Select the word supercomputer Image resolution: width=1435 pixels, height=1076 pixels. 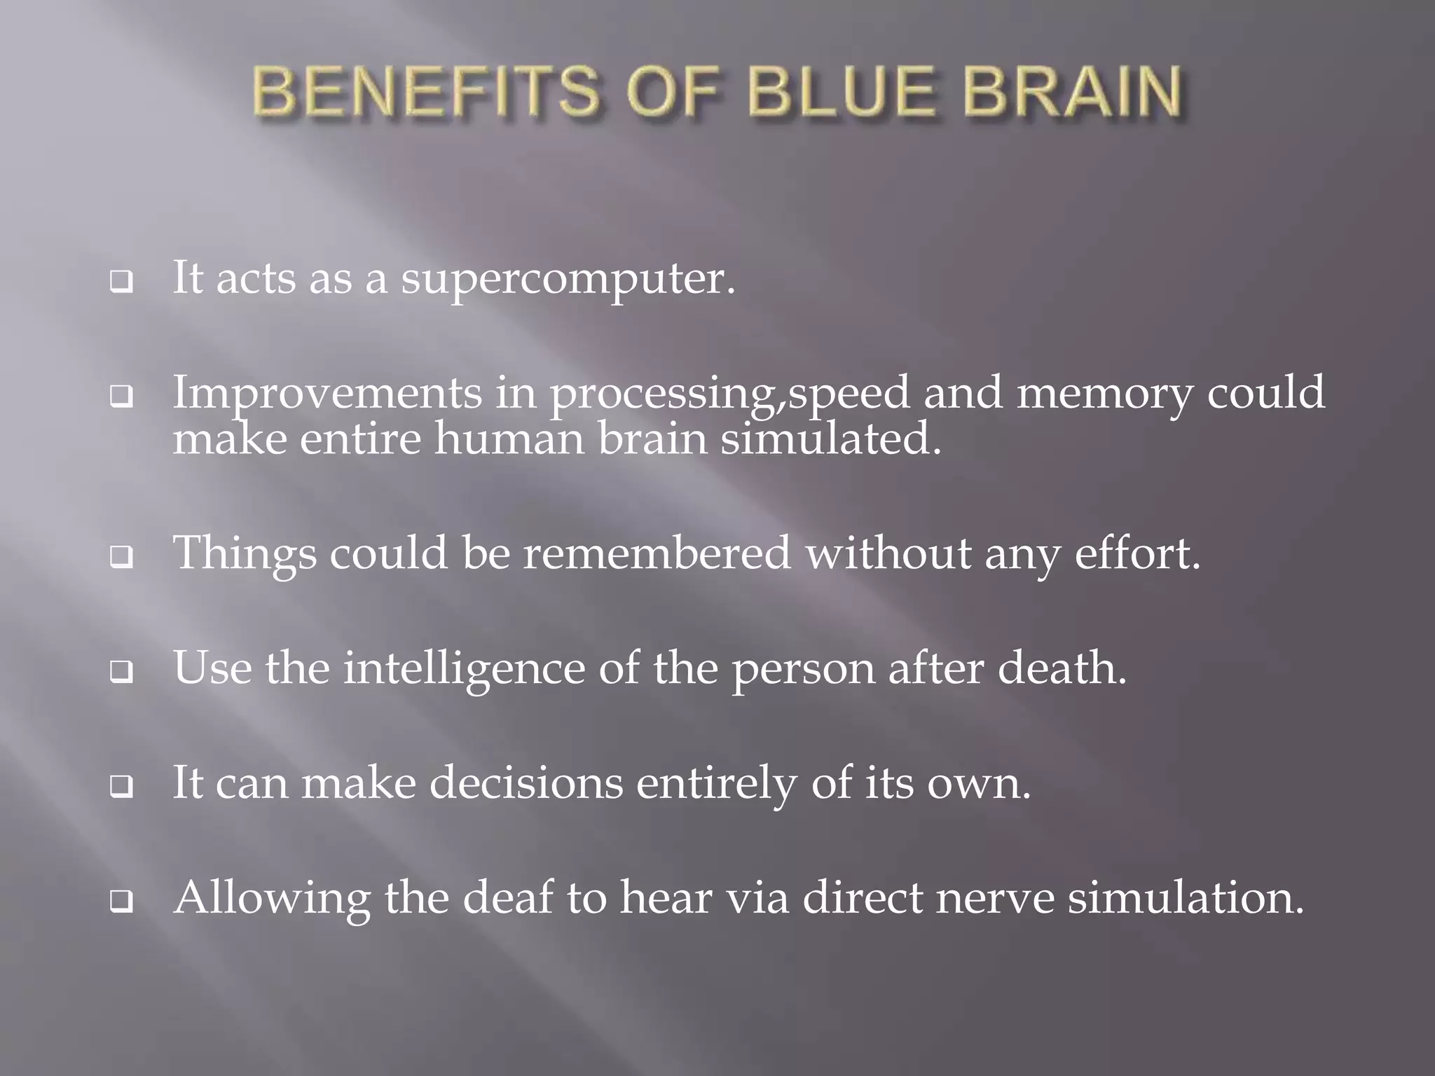pyautogui.click(x=568, y=280)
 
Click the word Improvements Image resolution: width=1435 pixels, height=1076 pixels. pyautogui.click(x=327, y=394)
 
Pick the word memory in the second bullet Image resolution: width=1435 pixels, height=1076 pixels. pyautogui.click(x=1104, y=394)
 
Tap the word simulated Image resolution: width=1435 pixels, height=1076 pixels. pyautogui.click(x=831, y=440)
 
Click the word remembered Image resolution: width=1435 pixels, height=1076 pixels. pyautogui.click(x=657, y=553)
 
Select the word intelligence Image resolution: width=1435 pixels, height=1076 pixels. pyautogui.click(x=463, y=668)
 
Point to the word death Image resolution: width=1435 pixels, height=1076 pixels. pyautogui.click(x=1062, y=668)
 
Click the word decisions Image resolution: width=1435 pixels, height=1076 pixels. pyautogui.click(x=526, y=782)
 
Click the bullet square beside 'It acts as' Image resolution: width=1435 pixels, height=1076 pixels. pyautogui.click(x=122, y=283)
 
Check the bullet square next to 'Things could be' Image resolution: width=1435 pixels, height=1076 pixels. pyautogui.click(x=122, y=558)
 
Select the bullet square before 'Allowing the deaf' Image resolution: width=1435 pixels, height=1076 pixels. pyautogui.click(x=122, y=902)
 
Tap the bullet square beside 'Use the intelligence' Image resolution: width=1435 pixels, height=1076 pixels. pyautogui.click(x=122, y=672)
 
